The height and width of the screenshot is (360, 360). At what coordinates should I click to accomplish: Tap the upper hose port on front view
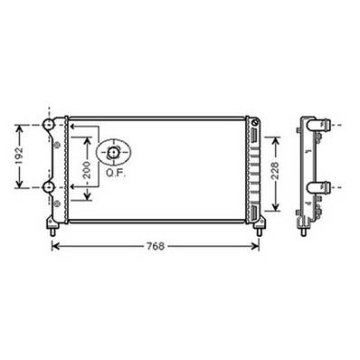click(49, 123)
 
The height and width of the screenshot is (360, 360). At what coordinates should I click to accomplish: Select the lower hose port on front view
click(49, 187)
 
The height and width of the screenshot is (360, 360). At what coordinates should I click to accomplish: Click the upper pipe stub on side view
click(318, 124)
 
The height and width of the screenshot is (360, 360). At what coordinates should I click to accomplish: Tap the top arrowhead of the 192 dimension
click(18, 127)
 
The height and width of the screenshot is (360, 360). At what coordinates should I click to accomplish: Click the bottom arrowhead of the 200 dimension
click(87, 196)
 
